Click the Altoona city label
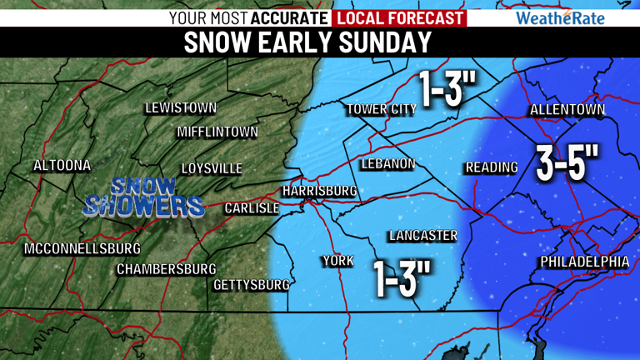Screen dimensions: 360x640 [62, 166]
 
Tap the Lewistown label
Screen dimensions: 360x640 [181, 108]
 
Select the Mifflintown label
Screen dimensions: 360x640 [217, 132]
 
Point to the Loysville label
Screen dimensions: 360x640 [212, 169]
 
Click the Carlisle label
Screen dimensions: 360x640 [252, 208]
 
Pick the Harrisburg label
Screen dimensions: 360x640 [320, 191]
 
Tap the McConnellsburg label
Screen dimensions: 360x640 [82, 249]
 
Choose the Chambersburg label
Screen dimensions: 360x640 [166, 269]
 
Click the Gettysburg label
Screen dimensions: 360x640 [252, 285]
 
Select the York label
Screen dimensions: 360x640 [338, 262]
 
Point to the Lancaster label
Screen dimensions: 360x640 [423, 236]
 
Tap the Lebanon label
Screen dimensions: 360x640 [387, 164]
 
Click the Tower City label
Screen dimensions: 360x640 [381, 109]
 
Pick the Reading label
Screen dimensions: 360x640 [492, 167]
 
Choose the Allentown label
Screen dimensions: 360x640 [567, 110]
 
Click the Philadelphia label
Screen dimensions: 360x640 [585, 262]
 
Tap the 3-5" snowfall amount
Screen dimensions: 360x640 [568, 163]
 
